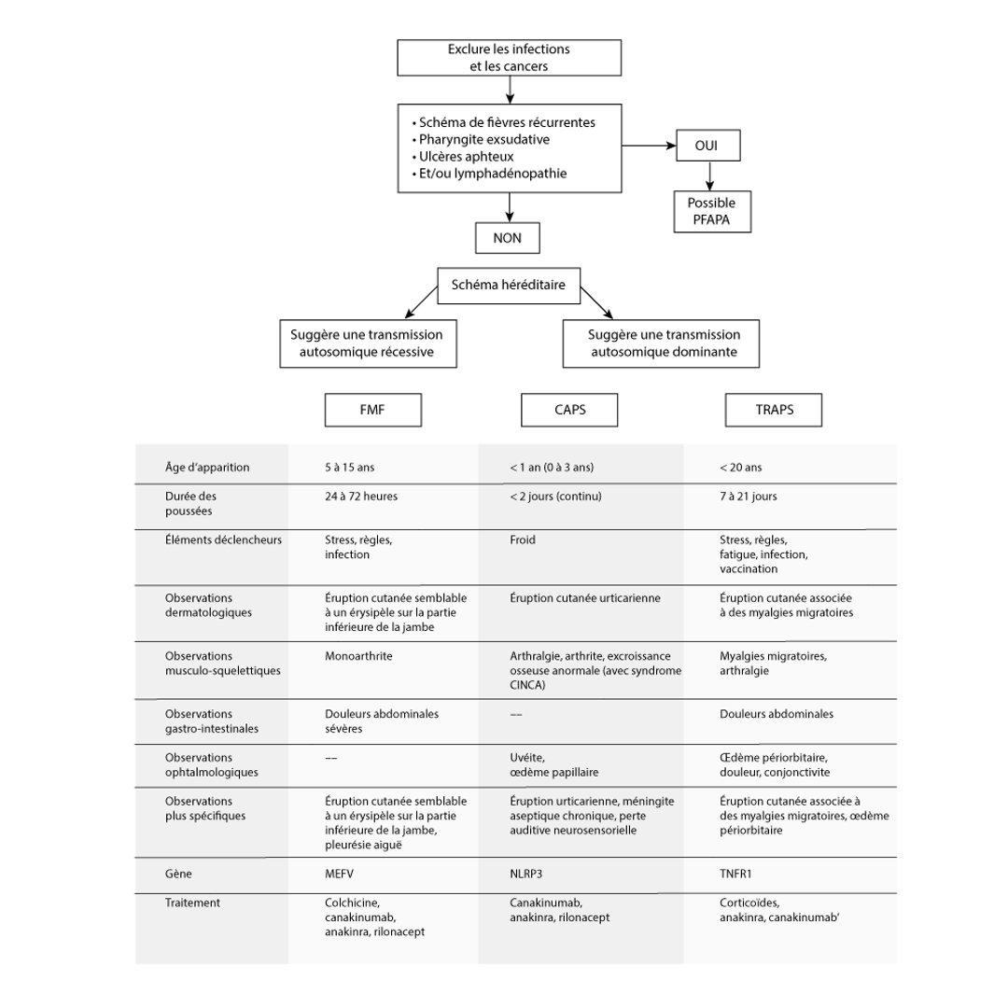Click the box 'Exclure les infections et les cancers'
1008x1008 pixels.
[509, 58]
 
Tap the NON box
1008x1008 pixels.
[508, 238]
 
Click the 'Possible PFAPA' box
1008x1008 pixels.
[711, 210]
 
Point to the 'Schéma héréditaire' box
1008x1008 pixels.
[509, 286]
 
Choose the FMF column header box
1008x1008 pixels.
[371, 410]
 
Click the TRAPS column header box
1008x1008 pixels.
[774, 410]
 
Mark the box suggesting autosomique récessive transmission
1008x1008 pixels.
[367, 343]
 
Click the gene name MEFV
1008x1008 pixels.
[340, 875]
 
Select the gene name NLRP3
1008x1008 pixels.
[529, 875]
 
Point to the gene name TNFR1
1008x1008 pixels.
[737, 875]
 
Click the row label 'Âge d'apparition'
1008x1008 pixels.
[206, 468]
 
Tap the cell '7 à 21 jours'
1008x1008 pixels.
[749, 497]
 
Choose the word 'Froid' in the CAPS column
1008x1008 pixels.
[523, 540]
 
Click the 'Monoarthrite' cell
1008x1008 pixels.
[358, 656]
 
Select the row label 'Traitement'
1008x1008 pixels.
[192, 903]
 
